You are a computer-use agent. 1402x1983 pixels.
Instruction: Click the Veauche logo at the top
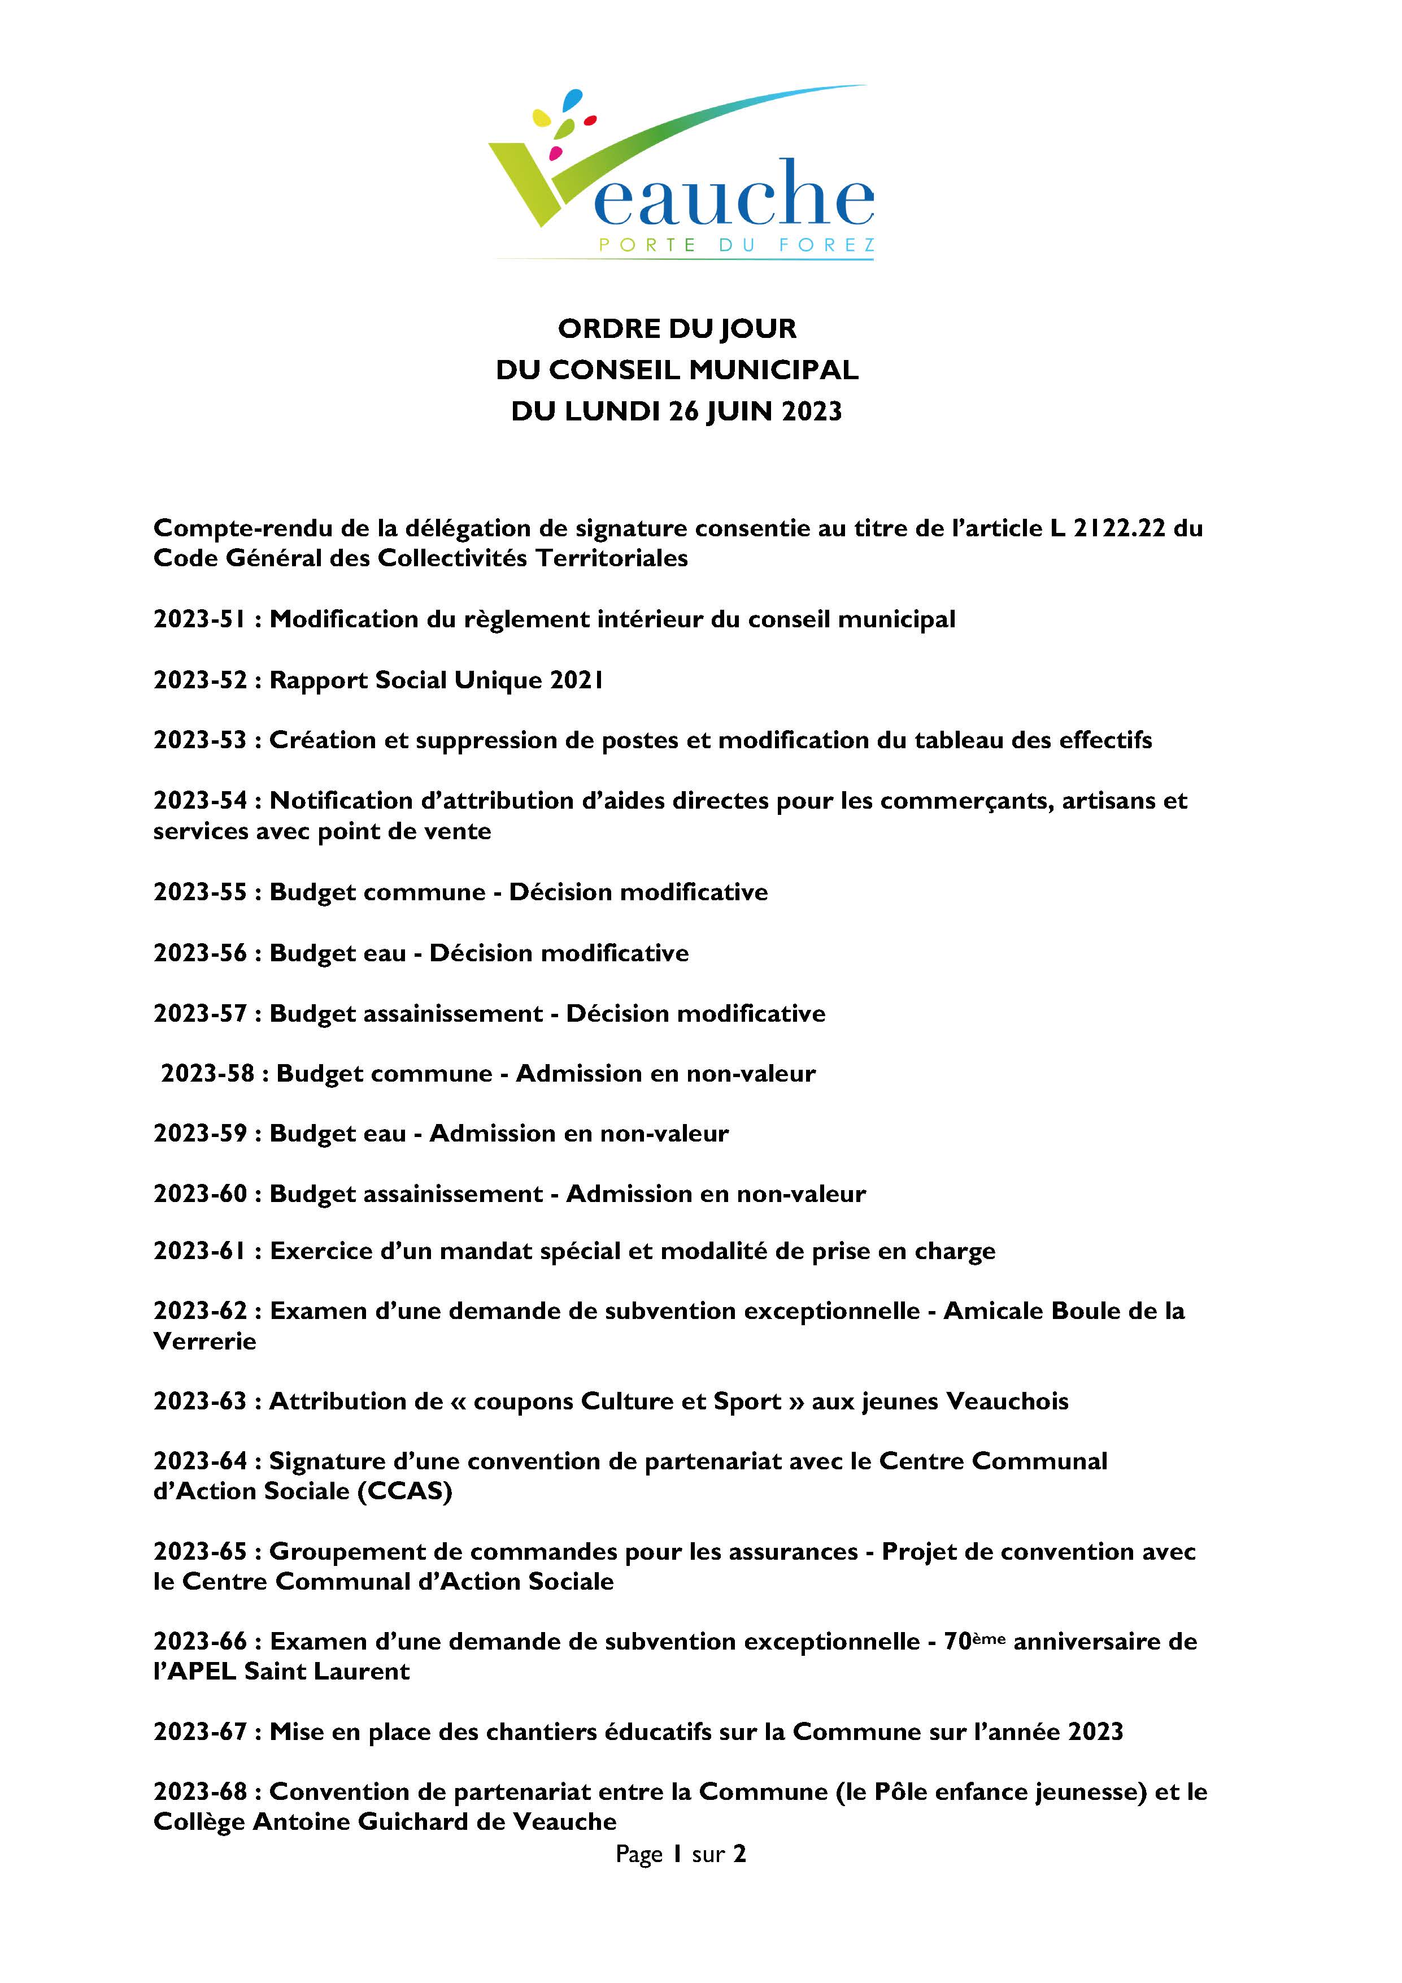point(682,173)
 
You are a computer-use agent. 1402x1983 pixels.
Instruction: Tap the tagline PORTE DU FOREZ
point(737,245)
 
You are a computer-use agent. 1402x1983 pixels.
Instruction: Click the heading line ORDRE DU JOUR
point(677,329)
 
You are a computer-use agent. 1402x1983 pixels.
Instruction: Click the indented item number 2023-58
point(207,1074)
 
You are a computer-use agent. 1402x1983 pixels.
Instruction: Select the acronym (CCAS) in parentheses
point(404,1491)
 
